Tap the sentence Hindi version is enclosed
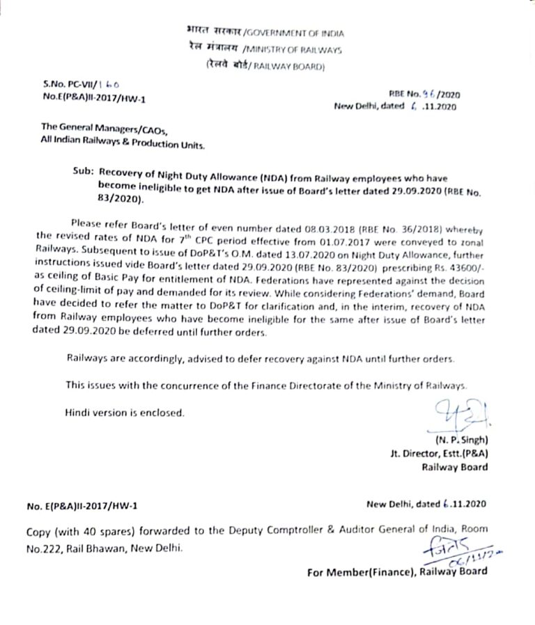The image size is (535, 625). coord(125,413)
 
